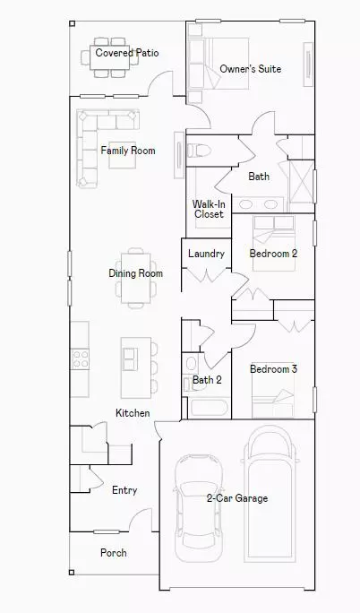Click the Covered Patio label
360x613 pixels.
pyautogui.click(x=127, y=53)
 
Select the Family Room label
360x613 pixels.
pyautogui.click(x=127, y=151)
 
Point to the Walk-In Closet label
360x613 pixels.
pyautogui.click(x=208, y=209)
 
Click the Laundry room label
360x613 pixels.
pyautogui.click(x=206, y=254)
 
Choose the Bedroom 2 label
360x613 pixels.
pyautogui.click(x=273, y=254)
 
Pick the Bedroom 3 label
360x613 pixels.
pyautogui.click(x=273, y=369)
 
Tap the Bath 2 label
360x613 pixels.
pyautogui.click(x=207, y=380)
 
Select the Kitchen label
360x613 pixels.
pyautogui.click(x=133, y=413)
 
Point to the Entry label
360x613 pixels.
pyautogui.click(x=124, y=490)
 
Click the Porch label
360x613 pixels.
pyautogui.click(x=113, y=553)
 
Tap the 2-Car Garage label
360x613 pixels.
pyautogui.click(x=236, y=498)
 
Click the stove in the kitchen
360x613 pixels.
pyautogui.click(x=80, y=358)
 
